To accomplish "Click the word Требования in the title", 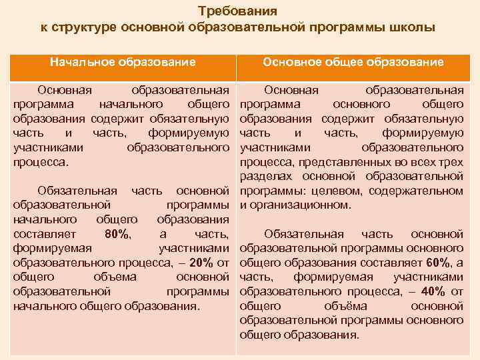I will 238,11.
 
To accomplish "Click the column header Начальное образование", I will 123,62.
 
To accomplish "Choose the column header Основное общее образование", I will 353,62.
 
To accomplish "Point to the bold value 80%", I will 119,234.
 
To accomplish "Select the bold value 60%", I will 438,263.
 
